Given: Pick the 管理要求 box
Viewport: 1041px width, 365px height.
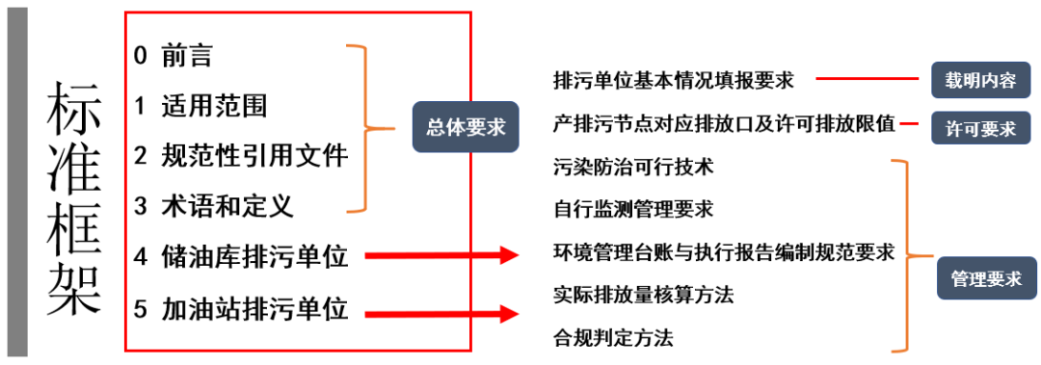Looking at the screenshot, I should click(985, 279).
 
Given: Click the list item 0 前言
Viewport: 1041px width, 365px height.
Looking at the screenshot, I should click(173, 56).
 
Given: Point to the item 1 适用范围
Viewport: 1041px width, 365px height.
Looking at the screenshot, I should click(200, 105).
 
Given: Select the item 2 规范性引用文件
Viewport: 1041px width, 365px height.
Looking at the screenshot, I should click(241, 155).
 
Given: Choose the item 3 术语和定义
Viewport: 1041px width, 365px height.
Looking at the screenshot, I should click(214, 205).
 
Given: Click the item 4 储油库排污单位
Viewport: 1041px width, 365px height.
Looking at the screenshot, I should click(241, 256).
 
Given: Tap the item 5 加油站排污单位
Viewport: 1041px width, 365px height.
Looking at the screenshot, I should click(241, 310).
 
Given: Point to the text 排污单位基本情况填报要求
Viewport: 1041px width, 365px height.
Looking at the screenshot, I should click(674, 80).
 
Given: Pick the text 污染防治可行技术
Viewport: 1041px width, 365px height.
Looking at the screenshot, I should click(633, 167).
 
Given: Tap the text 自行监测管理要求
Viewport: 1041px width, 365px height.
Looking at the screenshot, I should click(633, 208).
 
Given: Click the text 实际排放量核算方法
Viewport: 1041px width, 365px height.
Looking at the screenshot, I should click(643, 295).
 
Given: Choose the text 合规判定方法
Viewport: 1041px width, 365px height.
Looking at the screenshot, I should click(613, 338).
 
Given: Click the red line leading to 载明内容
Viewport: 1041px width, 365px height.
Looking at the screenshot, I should click(868, 80).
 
